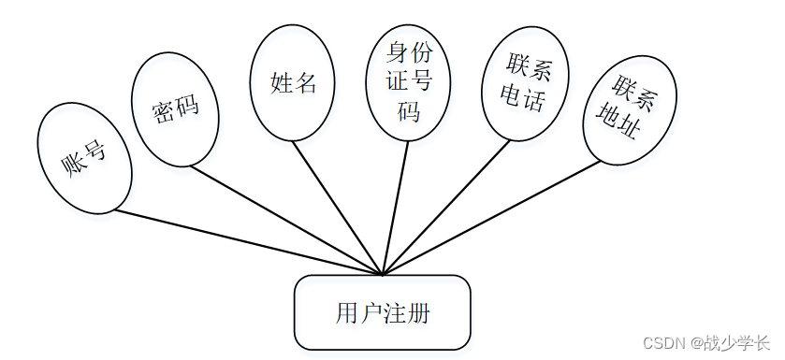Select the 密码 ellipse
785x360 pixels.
coord(175,109)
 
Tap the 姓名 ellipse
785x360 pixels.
coord(292,82)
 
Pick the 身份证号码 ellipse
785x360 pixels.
coord(408,83)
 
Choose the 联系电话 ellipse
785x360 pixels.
coord(525,83)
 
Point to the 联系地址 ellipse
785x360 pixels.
coord(630,110)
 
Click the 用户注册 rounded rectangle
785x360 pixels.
coord(383,312)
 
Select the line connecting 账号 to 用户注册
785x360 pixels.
coord(248,242)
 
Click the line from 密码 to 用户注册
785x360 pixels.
coord(287,221)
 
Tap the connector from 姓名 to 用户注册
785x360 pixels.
coord(338,208)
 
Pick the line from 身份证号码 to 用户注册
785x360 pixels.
coord(395,208)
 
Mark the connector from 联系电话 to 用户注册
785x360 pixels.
coord(446,207)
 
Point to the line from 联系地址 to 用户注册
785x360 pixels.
coord(491,218)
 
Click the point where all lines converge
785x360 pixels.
coord(383,275)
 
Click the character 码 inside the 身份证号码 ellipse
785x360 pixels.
coord(408,112)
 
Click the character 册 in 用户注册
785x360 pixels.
coord(419,314)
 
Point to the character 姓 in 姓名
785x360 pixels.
coord(281,83)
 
